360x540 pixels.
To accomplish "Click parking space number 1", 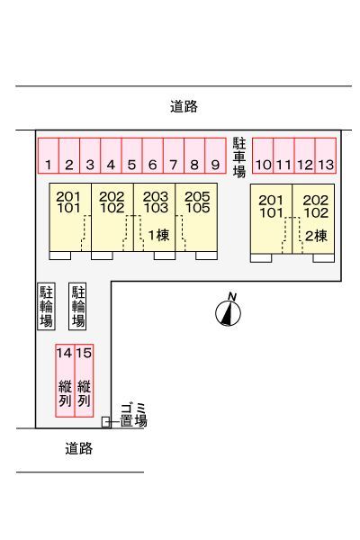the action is point(49,156).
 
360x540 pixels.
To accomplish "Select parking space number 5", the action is point(131,156).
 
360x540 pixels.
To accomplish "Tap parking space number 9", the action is point(215,156).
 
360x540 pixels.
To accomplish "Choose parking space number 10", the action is point(263,156).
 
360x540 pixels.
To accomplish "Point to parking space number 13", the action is point(326,156).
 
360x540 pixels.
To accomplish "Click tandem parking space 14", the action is point(65,381).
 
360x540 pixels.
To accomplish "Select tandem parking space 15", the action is point(84,381).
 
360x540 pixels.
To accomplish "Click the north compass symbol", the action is point(228,312).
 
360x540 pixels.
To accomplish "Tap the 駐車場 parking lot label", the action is point(239,157).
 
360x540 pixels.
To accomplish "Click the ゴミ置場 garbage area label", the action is point(134,416).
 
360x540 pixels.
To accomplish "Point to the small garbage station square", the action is point(106,422).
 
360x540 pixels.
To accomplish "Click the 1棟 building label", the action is point(158,235).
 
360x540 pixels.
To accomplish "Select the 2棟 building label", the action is point(316,236).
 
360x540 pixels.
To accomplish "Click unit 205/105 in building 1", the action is point(196,217).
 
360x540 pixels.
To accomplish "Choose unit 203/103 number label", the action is point(156,202).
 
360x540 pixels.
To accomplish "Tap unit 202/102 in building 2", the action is point(313,219).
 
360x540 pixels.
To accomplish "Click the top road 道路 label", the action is point(184,107).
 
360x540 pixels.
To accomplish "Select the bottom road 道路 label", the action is point(79,449).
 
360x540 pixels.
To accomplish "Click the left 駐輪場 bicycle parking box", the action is point(46,307).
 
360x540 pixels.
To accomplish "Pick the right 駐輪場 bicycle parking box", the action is point(77,307).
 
